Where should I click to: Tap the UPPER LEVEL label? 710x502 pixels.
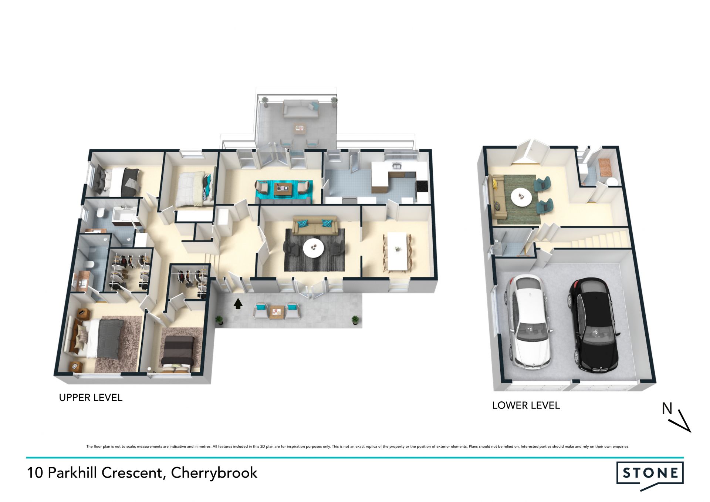pos(91,398)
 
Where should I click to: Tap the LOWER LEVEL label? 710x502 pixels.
pos(526,405)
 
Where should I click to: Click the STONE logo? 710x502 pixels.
pos(650,476)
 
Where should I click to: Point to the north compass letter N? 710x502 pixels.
pos(667,408)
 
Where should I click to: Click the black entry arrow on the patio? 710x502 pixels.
pos(238,304)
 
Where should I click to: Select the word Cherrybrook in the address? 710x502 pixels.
pos(214,473)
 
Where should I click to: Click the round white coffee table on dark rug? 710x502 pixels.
pos(314,248)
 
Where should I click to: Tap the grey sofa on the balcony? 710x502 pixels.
pos(301,109)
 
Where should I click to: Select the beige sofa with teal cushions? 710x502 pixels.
pos(315,225)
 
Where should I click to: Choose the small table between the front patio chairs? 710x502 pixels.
pos(275,312)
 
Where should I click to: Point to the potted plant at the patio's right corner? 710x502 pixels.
pos(355,320)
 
